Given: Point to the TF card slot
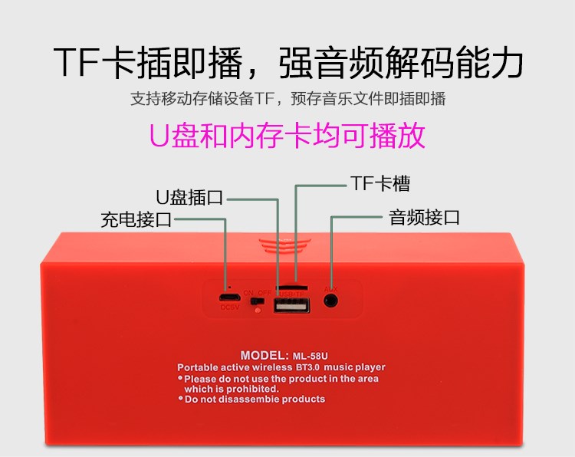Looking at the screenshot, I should (292, 286).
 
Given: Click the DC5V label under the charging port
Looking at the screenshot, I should (228, 308).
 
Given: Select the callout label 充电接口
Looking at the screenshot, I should (136, 220).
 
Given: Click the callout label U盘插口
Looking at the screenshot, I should (189, 197).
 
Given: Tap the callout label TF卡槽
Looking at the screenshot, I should (379, 183).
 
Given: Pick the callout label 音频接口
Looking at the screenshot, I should (424, 217).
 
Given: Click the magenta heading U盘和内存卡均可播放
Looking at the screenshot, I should (287, 136).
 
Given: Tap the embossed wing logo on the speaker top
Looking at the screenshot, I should (283, 245).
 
